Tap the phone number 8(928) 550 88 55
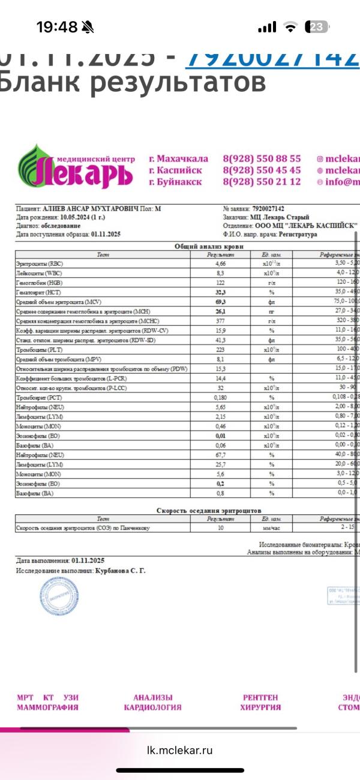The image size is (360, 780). coord(262,159)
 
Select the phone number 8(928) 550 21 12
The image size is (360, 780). coord(262,182)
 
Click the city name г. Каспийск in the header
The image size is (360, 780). coord(176,170)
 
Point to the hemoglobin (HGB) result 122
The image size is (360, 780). coord(220,282)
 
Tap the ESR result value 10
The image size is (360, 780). coord(220,528)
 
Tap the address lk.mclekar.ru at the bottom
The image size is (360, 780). coord(180,750)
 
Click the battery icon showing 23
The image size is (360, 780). coord(317,27)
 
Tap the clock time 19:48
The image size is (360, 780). coord(57,27)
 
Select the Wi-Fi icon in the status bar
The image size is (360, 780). coord(291,27)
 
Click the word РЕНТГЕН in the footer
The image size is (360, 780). coord(260,698)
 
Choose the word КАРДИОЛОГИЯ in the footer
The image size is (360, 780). coord(152,707)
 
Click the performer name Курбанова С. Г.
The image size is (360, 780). coord(120,571)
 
